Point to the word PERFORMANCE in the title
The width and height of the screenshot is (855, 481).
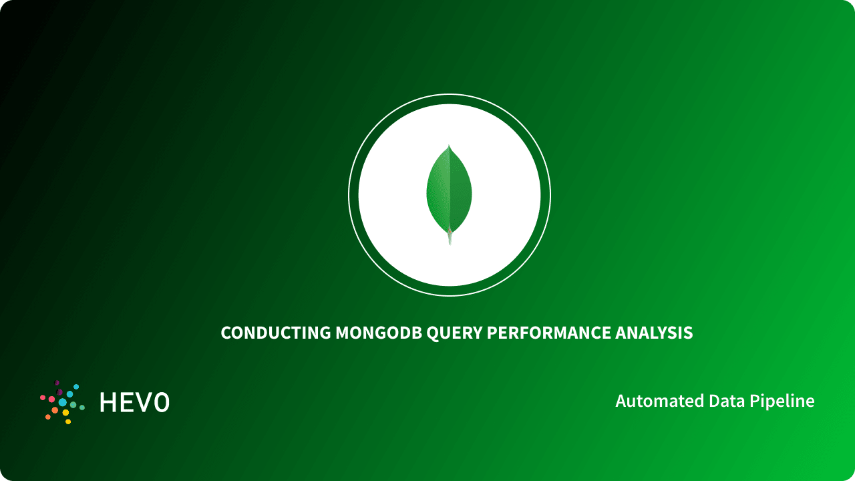click(x=548, y=333)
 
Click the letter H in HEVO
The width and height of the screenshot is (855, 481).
click(x=108, y=402)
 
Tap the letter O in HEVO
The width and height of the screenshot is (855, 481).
click(x=161, y=402)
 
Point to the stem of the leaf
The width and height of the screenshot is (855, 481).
click(x=450, y=238)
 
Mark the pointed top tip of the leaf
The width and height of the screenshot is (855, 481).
click(x=449, y=146)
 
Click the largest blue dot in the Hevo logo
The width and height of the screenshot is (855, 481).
click(x=63, y=402)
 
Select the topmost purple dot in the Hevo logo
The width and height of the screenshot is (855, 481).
click(x=57, y=383)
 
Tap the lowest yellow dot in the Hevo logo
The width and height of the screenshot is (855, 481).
click(x=68, y=422)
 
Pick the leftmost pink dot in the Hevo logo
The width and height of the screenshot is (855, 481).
click(x=43, y=397)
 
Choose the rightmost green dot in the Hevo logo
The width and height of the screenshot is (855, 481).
click(x=82, y=407)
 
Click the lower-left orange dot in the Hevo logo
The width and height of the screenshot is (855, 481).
click(x=48, y=417)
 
